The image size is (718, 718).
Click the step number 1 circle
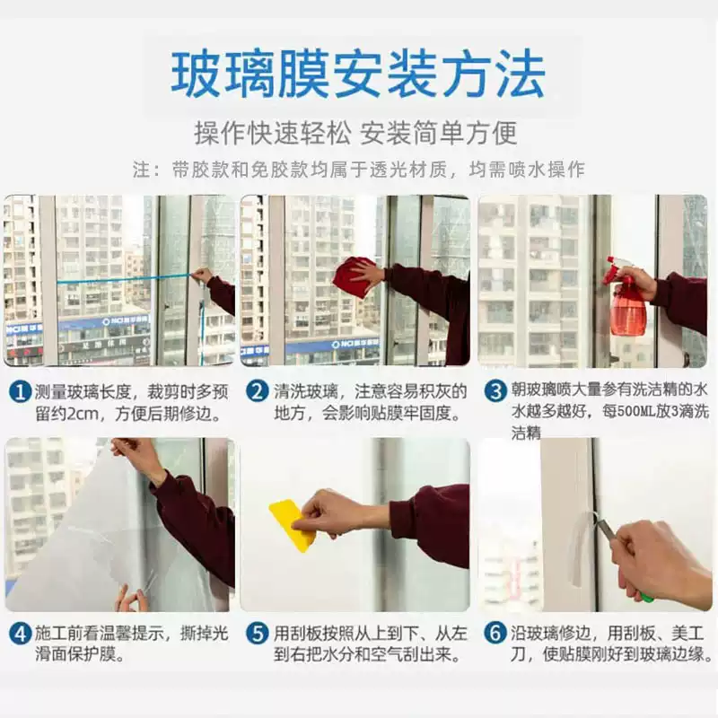20,393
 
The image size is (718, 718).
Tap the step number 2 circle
257,392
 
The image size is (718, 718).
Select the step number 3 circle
495,392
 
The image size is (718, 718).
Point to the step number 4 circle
20,635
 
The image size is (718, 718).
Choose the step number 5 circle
257,635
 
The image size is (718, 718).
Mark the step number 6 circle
495,635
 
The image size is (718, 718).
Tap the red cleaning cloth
355,276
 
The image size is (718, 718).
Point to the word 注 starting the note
142,170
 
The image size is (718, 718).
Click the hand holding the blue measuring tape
204,276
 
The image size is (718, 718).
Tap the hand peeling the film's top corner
134,454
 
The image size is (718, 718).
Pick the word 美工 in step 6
687,634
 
